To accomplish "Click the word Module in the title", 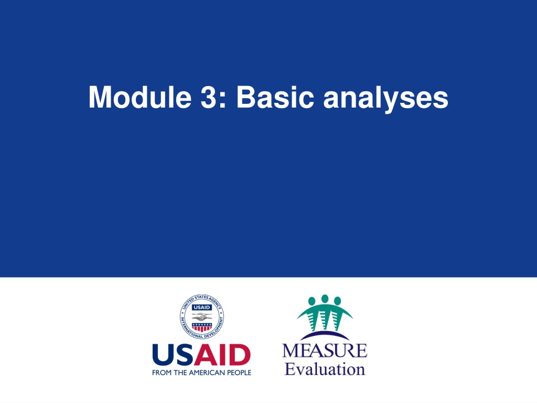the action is [x=139, y=97].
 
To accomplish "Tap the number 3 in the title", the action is [x=208, y=97].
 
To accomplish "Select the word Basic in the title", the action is [x=275, y=97].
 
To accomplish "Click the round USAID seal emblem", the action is [x=202, y=316].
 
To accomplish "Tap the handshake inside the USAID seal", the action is [x=202, y=316].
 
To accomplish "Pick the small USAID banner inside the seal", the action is [x=202, y=307].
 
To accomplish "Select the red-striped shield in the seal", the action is [x=202, y=327].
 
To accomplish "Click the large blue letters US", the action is [x=173, y=355].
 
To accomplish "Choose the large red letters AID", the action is [x=222, y=355].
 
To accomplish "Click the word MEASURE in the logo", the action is [x=325, y=351].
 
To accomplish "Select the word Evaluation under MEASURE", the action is [x=325, y=369].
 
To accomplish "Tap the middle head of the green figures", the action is [x=325, y=299].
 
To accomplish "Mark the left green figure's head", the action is [x=312, y=301].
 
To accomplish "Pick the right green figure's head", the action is [x=337, y=301].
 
